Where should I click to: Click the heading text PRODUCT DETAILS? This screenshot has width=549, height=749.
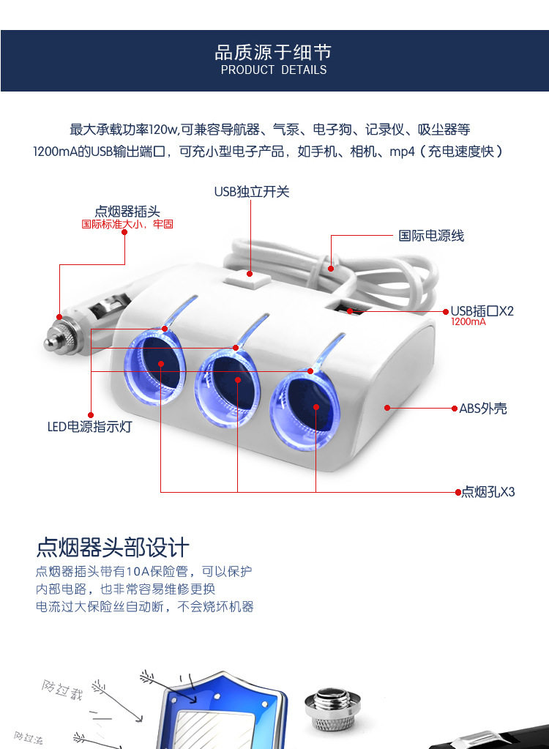click(274, 70)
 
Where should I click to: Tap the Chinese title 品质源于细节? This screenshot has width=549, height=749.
click(273, 52)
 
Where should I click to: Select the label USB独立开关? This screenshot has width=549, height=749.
click(252, 192)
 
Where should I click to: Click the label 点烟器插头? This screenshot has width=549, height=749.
click(127, 212)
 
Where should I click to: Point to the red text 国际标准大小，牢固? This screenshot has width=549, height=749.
click(127, 224)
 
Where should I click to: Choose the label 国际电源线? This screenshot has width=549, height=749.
click(431, 236)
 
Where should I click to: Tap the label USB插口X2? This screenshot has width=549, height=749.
click(482, 311)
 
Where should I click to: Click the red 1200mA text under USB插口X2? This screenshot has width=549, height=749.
click(468, 321)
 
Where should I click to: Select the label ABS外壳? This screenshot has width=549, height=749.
click(483, 409)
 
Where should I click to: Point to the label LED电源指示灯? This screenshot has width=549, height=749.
click(90, 426)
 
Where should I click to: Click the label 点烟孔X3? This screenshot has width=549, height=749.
click(488, 492)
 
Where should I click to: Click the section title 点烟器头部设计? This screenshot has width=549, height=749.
click(113, 548)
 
